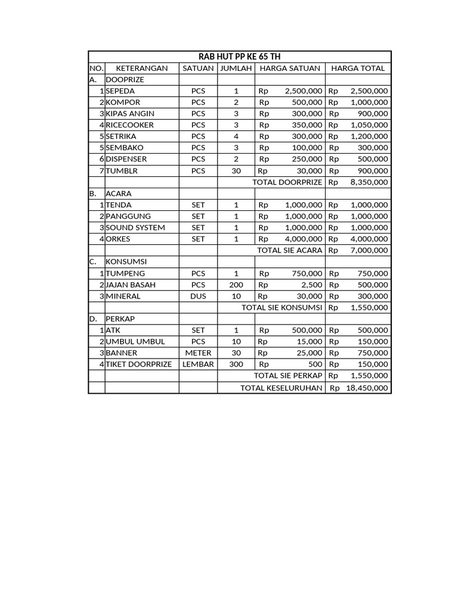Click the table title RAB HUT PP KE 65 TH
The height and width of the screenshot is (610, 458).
(x=239, y=57)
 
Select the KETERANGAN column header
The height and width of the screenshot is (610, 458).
(x=141, y=68)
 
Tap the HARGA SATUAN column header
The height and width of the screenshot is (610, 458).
(x=290, y=68)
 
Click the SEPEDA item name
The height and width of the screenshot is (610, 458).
(x=120, y=91)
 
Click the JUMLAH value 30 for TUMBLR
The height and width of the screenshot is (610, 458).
(x=236, y=170)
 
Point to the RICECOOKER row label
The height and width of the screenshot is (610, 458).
(x=129, y=125)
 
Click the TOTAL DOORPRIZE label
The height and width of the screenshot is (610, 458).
(x=287, y=182)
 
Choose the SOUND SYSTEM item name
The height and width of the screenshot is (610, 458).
(x=135, y=228)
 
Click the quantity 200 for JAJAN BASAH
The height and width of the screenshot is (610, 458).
(x=236, y=285)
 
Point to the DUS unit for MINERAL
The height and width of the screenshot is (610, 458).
(x=198, y=296)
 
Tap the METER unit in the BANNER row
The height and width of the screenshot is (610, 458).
(x=198, y=353)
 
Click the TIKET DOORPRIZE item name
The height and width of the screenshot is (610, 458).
(x=138, y=364)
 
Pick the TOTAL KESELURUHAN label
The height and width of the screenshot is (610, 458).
(x=281, y=388)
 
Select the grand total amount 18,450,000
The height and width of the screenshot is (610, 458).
(x=367, y=388)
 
